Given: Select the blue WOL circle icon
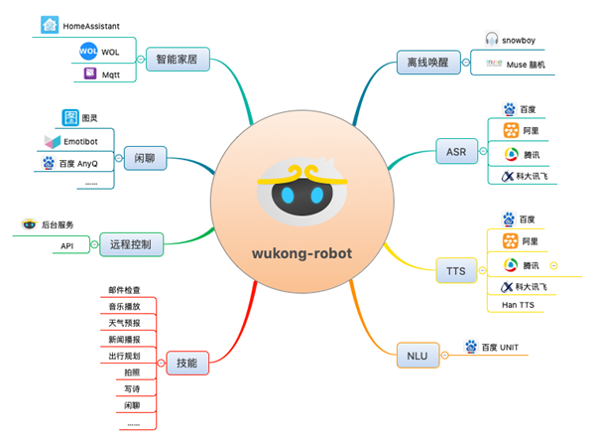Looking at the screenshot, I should coord(86,50).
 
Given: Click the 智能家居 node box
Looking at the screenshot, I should coord(177,59).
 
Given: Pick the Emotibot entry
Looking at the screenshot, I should coord(94,140).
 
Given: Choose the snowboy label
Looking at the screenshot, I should coord(524,39).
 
